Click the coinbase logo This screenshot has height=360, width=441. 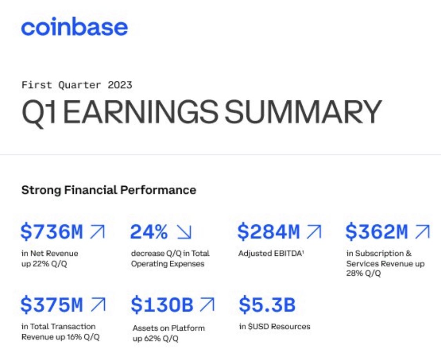(74, 27)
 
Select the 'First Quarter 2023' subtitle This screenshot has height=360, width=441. (76, 84)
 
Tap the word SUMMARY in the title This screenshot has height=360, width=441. (302, 112)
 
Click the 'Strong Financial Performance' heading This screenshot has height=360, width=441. (109, 190)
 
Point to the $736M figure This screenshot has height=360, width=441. (52, 232)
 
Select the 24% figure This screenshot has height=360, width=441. (149, 232)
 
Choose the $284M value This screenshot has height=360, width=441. (269, 232)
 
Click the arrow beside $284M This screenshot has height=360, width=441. (314, 232)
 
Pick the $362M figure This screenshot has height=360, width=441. (376, 232)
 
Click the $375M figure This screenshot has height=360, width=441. (52, 305)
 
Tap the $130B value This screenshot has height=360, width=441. (162, 305)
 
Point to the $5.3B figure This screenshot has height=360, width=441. (267, 305)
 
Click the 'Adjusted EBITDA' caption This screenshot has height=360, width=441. (271, 253)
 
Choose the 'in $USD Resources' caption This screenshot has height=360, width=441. (274, 326)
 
